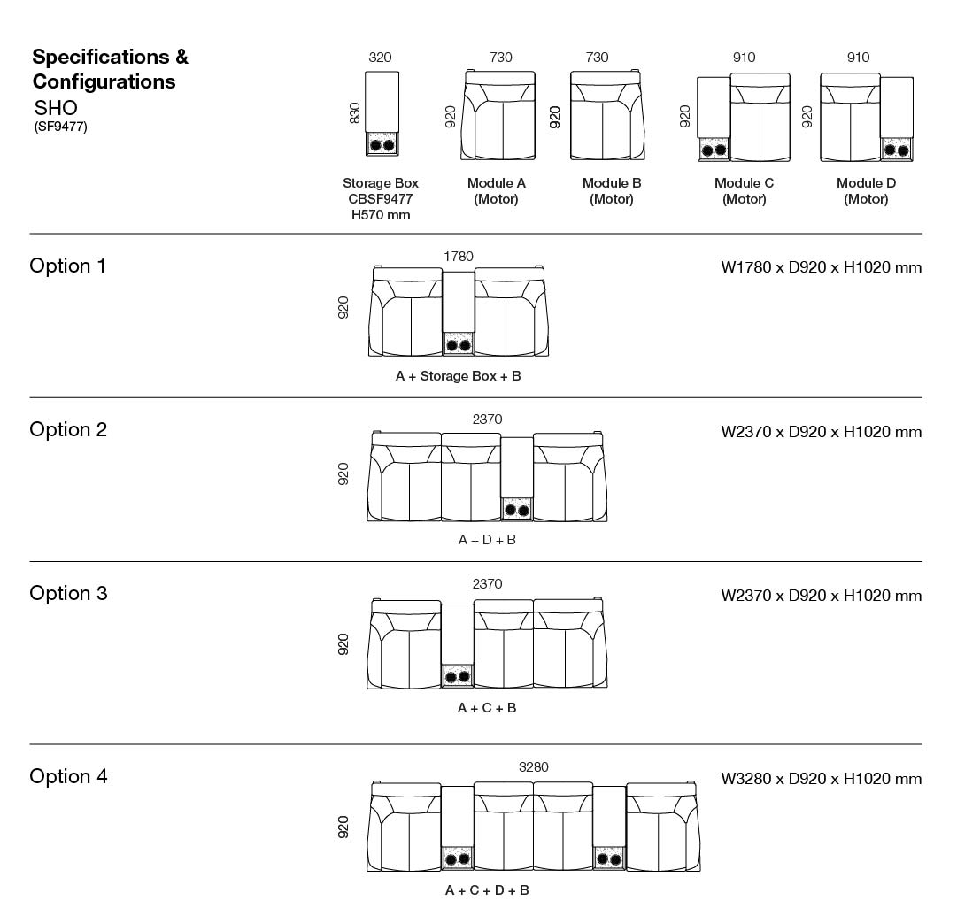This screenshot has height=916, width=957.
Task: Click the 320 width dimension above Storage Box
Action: pos(380,58)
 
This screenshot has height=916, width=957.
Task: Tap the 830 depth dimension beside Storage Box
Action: pos(355,114)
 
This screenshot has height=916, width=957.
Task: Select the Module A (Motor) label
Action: pos(497,191)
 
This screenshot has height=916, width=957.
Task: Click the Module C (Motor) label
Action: pos(744,191)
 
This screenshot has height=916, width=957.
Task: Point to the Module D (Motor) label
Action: pos(866,191)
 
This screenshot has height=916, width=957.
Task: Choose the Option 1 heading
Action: pos(68,266)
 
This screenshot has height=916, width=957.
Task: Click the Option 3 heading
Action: pos(69,594)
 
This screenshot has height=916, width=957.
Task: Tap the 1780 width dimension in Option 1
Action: pos(459,257)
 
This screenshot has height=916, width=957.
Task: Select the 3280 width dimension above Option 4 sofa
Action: pos(533,767)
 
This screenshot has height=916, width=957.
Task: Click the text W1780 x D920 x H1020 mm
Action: pos(822,267)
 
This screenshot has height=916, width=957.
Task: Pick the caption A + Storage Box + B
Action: pos(459,376)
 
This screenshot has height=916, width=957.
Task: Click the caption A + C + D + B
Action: pos(487,890)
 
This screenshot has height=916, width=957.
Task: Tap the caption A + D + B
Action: pos(487,540)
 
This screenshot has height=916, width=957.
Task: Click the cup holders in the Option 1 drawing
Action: pos(459,345)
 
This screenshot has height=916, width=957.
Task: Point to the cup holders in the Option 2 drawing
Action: pos(517,510)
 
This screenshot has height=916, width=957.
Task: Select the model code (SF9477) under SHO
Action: pos(61,127)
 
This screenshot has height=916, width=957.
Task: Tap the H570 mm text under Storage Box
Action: pos(381,215)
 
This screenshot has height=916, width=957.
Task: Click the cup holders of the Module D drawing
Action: pos(897,150)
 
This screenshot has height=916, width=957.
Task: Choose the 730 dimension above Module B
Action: pos(597,58)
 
